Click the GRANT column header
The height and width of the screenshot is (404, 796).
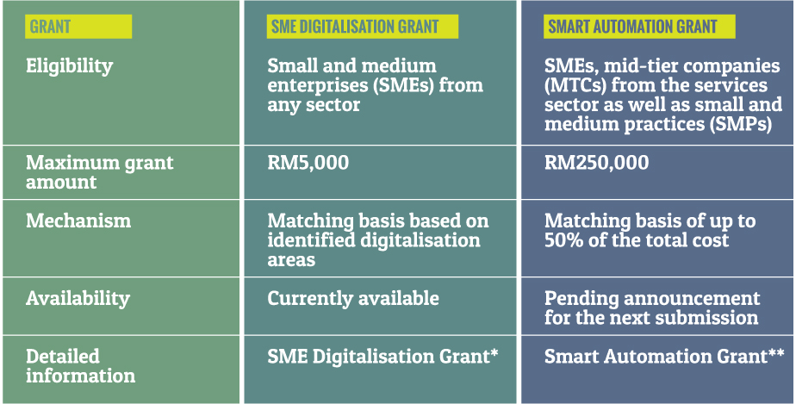point(50,27)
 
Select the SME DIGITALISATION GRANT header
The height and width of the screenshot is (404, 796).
point(354,27)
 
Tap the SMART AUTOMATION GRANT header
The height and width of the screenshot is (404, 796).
point(632,27)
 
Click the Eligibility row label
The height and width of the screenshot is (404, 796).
point(70,66)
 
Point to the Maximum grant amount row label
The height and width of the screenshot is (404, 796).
point(100,172)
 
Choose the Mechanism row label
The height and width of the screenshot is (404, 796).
point(78,221)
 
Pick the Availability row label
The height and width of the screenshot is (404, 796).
point(78,298)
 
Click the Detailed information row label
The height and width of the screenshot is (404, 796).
point(81,365)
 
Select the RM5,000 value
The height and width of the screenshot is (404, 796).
point(308,163)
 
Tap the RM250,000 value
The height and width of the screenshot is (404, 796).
point(596,163)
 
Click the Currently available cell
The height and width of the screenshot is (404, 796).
point(353,298)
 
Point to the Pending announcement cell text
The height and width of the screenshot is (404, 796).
point(652,308)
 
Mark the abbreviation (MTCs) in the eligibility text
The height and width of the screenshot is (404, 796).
point(575,85)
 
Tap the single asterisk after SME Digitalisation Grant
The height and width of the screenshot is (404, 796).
point(494,353)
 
